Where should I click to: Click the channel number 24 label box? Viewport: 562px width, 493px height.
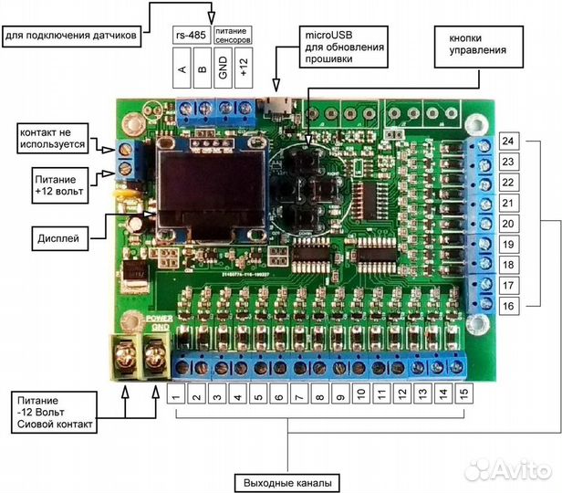(509, 142)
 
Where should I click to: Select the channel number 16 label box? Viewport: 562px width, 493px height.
(509, 307)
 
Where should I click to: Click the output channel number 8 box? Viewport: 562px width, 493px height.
(319, 394)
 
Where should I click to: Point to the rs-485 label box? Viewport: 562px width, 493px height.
(190, 35)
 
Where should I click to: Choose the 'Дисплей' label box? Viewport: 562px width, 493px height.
(60, 238)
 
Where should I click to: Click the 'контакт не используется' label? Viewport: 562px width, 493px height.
(52, 138)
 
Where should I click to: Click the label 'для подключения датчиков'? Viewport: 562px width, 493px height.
(70, 36)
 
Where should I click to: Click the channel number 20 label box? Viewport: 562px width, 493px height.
(509, 225)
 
